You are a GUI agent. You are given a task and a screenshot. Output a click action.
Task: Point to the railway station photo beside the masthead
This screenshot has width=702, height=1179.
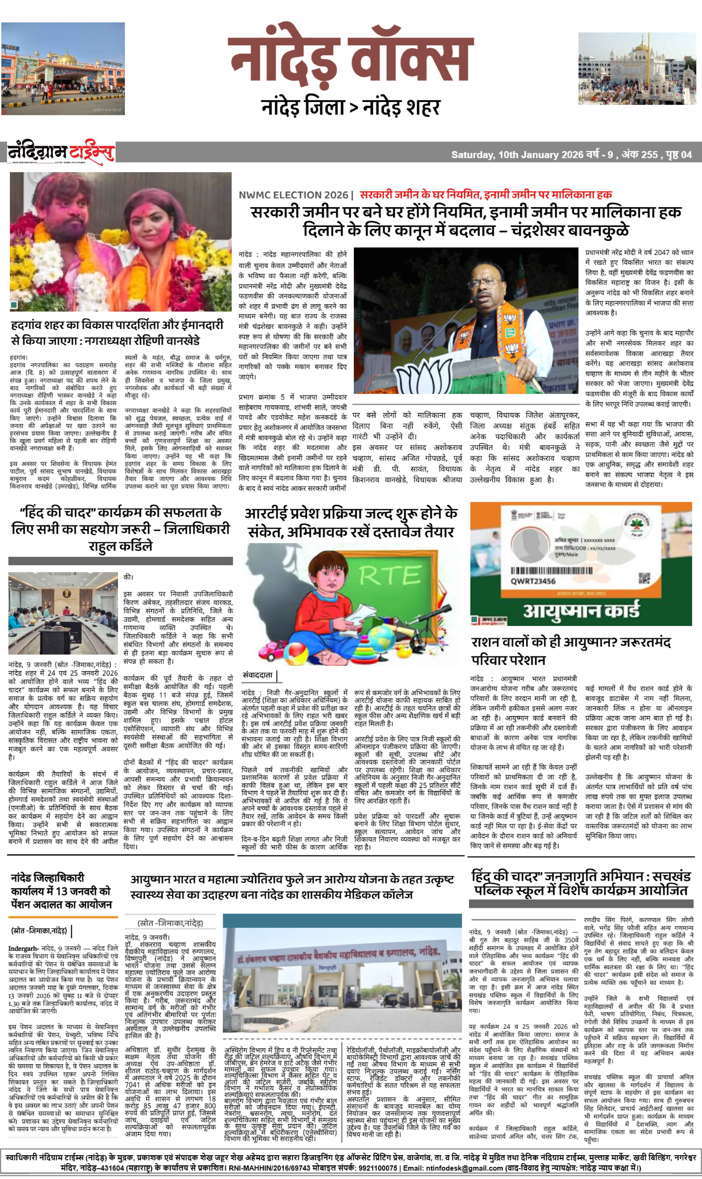click(63, 69)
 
